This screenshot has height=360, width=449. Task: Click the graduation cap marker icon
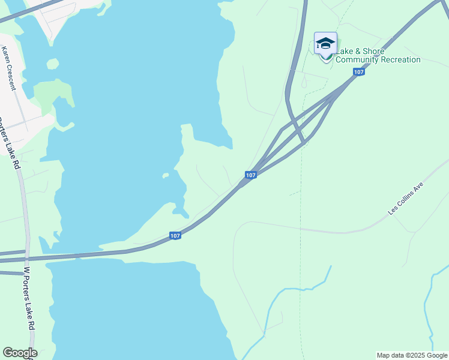point(325,44)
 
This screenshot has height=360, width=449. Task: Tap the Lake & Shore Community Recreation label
point(378,55)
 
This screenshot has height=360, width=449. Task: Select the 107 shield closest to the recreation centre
point(358,72)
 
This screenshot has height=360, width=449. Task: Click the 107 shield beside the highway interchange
point(251,175)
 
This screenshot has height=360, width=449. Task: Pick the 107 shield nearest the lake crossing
point(175,236)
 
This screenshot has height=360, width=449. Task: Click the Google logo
point(20,353)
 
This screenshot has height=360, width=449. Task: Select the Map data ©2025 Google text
point(411,355)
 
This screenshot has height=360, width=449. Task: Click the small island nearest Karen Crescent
point(53,64)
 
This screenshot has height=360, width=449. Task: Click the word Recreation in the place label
point(399,59)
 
